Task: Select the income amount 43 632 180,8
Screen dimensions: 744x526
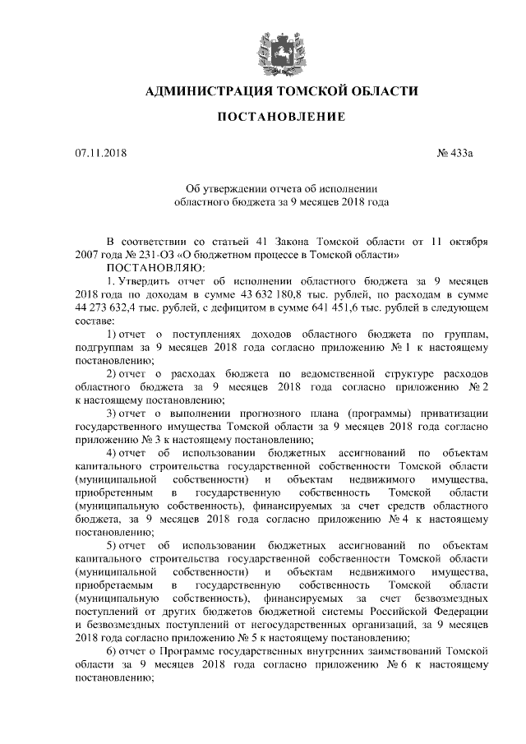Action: click(x=313, y=293)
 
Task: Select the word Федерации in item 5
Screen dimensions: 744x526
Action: click(x=462, y=609)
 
